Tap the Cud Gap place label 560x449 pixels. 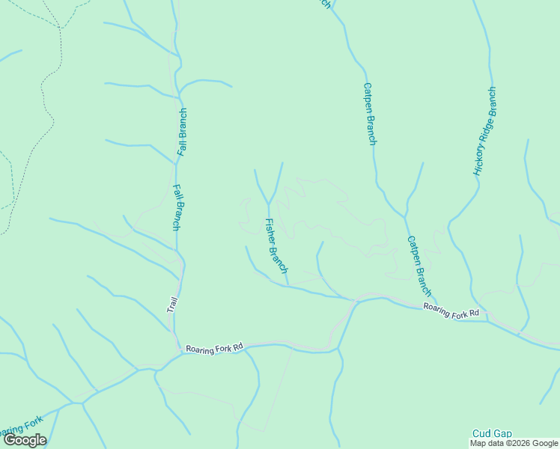coord(492,434)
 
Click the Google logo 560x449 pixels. coord(25,440)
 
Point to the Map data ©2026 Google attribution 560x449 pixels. coord(514,443)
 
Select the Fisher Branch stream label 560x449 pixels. coord(276,245)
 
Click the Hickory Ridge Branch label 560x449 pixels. coord(484,132)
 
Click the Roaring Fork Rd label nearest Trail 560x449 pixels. coord(215,349)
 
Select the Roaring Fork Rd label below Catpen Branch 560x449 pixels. coord(450,311)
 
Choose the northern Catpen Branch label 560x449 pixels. coord(369,113)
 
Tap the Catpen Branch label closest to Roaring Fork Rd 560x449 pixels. coord(419,265)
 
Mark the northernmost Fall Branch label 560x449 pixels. coord(182,132)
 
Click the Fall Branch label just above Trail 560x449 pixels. coord(177,207)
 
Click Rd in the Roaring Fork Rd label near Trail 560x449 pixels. coord(238,347)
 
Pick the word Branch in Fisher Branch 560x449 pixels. coord(281,259)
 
